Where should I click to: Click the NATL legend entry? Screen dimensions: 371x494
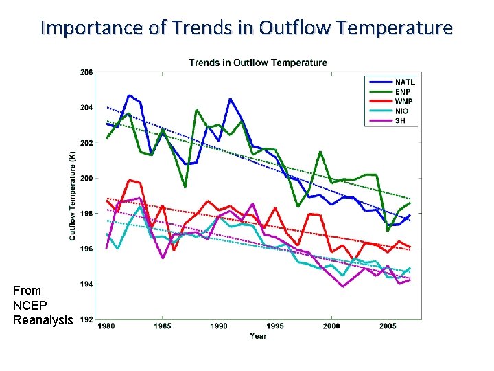pyautogui.click(x=404, y=82)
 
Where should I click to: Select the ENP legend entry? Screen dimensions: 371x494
pyautogui.click(x=403, y=91)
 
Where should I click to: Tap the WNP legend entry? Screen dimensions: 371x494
pyautogui.click(x=403, y=101)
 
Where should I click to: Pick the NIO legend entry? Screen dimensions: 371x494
pyautogui.click(x=402, y=111)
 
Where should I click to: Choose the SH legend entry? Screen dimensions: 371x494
pyautogui.click(x=401, y=120)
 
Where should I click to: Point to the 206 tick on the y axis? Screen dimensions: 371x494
pyautogui.click(x=86, y=72)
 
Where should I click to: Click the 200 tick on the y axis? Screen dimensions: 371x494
pyautogui.click(x=86, y=179)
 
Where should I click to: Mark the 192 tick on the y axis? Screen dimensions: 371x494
pyautogui.click(x=86, y=319)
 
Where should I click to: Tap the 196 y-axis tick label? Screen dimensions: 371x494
pyautogui.click(x=86, y=249)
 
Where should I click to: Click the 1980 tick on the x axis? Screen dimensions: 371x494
pyautogui.click(x=106, y=326)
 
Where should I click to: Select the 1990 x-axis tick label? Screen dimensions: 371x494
pyautogui.click(x=219, y=326)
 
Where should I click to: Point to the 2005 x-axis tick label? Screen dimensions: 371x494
pyautogui.click(x=387, y=326)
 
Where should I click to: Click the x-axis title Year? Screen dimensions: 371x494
pyautogui.click(x=258, y=336)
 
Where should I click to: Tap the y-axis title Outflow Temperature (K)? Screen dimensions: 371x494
pyautogui.click(x=73, y=196)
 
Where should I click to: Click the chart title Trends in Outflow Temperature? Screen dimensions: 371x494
pyautogui.click(x=258, y=63)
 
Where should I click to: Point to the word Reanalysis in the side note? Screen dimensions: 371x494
pyautogui.click(x=43, y=320)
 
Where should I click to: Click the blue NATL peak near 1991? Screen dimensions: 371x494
pyautogui.click(x=231, y=99)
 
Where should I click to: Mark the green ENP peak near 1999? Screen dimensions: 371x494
pyautogui.click(x=320, y=152)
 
